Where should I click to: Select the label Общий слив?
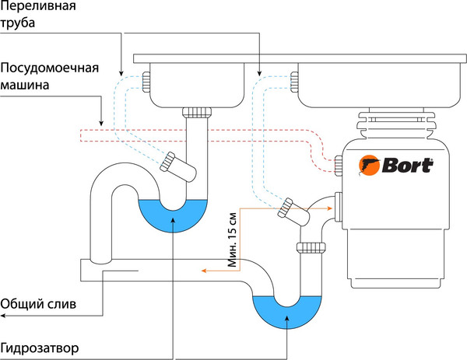pos(38,304)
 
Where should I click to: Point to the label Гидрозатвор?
pos(40,344)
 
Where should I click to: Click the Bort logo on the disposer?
pos(402,165)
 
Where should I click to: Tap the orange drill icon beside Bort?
pos(368,165)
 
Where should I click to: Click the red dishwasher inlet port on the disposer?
pos(339,163)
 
